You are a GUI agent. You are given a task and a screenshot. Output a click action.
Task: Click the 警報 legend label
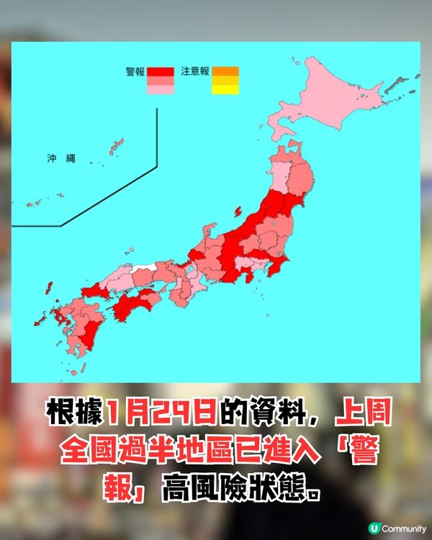pyautogui.click(x=135, y=71)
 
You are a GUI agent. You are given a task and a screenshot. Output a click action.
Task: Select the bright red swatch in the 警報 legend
pyautogui.click(x=160, y=71)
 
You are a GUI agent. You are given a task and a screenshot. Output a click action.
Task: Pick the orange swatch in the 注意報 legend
pyautogui.click(x=225, y=71)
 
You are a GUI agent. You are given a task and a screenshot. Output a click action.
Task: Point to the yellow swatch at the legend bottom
pyautogui.click(x=225, y=89)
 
